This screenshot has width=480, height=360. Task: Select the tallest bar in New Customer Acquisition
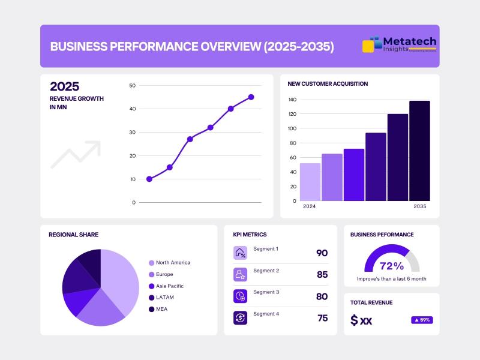pyautogui.click(x=419, y=151)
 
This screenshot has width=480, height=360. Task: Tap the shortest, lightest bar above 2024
pyautogui.click(x=310, y=182)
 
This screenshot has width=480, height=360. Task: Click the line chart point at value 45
pyautogui.click(x=251, y=97)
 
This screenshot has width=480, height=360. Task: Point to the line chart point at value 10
pyautogui.click(x=149, y=179)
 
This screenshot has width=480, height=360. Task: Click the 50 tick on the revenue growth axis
pyautogui.click(x=132, y=86)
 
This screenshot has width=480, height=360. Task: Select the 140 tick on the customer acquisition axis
pyautogui.click(x=293, y=100)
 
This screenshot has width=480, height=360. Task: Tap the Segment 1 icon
pyautogui.click(x=240, y=253)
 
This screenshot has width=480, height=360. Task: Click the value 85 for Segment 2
pyautogui.click(x=322, y=275)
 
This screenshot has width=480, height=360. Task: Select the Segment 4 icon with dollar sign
pyautogui.click(x=240, y=317)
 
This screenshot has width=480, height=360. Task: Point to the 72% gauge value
pyautogui.click(x=392, y=265)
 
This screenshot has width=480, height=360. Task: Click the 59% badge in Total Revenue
pyautogui.click(x=422, y=320)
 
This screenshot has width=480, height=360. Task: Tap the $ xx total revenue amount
pyautogui.click(x=361, y=320)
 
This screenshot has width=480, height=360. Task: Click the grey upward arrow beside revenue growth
pyautogui.click(x=75, y=154)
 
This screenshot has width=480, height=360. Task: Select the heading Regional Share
pyautogui.click(x=73, y=235)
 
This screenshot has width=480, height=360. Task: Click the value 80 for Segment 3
pyautogui.click(x=322, y=296)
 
